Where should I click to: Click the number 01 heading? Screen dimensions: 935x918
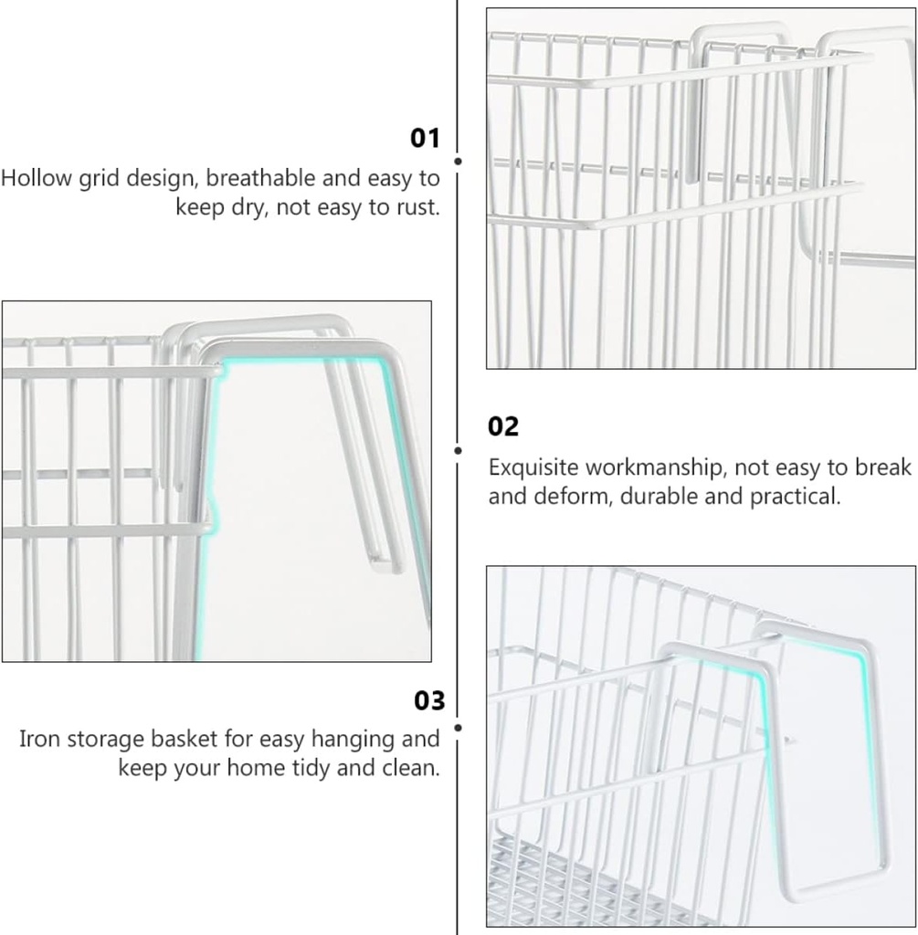tap(425, 139)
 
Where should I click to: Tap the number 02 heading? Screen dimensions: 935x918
tap(503, 426)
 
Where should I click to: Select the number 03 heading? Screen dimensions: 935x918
tap(429, 700)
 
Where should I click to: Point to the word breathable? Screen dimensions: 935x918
tap(255, 177)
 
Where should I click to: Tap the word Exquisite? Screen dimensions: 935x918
tap(533, 467)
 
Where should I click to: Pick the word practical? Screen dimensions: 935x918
tap(795, 498)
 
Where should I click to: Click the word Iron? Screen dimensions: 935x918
tap(39, 738)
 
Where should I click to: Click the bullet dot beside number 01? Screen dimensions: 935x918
tap(458, 161)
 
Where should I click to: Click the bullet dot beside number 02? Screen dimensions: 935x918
tap(458, 449)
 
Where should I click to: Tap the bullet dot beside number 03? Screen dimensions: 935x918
tap(458, 728)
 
